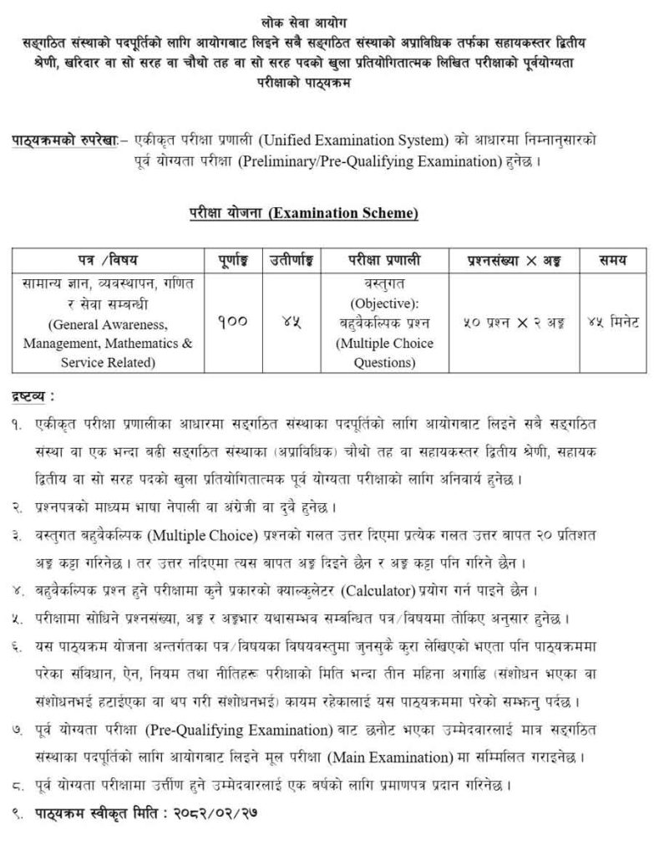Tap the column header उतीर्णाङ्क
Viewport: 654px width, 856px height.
coord(286,259)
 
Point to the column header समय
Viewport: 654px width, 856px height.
coord(607,259)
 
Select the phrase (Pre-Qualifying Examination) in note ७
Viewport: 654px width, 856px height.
coord(251,732)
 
